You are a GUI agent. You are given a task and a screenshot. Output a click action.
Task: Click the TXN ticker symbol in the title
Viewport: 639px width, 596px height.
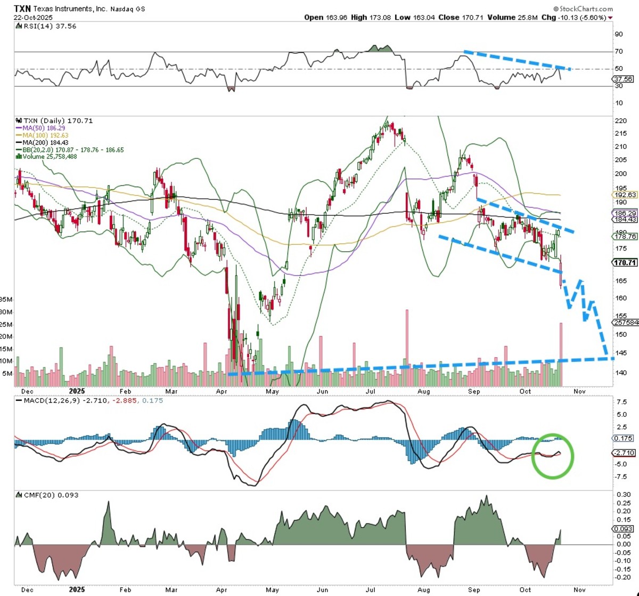pos(22,9)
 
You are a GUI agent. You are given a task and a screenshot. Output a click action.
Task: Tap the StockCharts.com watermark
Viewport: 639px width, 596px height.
pos(583,9)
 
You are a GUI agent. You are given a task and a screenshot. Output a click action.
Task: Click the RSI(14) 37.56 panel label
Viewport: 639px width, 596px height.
pos(47,26)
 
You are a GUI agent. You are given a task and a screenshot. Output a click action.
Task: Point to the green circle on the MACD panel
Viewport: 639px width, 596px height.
pos(553,456)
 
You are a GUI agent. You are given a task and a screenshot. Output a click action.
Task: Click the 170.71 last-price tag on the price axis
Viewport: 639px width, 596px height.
pos(624,262)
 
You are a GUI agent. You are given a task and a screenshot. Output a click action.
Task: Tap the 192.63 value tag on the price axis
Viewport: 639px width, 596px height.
pos(625,195)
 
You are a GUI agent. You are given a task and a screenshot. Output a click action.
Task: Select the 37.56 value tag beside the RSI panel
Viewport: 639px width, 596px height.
pos(623,79)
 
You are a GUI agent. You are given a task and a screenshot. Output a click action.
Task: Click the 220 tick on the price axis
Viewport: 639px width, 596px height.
pos(620,121)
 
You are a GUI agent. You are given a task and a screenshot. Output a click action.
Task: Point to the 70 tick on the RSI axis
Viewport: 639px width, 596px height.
pos(619,52)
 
